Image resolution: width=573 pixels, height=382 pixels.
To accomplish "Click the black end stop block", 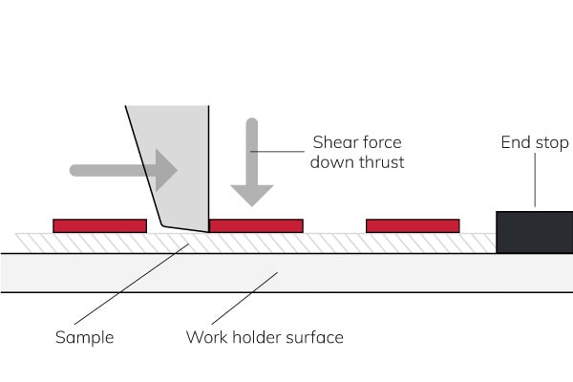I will pyautogui.click(x=534, y=232).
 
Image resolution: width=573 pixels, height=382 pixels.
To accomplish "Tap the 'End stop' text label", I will pyautogui.click(x=534, y=143).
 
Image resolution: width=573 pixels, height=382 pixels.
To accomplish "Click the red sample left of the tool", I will pyautogui.click(x=99, y=226).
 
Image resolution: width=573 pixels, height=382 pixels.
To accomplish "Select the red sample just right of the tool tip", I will pyautogui.click(x=256, y=226).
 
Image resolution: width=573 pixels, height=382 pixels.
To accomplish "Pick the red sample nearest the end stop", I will pyautogui.click(x=413, y=226).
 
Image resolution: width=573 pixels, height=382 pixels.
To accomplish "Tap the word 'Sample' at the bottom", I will pyautogui.click(x=84, y=337).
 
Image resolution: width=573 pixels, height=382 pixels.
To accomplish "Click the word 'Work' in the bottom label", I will pyautogui.click(x=204, y=337).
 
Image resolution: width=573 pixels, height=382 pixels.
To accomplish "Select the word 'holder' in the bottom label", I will pyautogui.click(x=254, y=337).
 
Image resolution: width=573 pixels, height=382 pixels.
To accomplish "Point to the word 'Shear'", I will pyautogui.click(x=332, y=143).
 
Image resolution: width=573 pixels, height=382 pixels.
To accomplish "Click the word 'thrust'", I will pyautogui.click(x=382, y=162).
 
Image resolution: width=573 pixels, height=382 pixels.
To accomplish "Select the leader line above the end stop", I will pyautogui.click(x=535, y=181).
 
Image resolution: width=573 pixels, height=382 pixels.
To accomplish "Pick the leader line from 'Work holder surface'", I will pyautogui.click(x=244, y=298).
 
